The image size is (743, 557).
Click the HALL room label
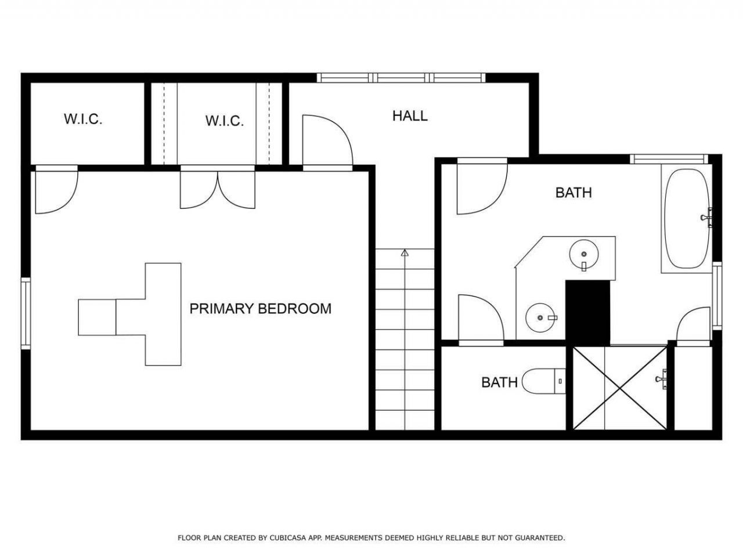click(410, 115)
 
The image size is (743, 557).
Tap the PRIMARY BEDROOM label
click(260, 309)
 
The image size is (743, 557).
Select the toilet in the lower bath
click(544, 381)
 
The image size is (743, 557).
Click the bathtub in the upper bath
click(687, 219)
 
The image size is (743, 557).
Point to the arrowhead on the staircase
click(405, 252)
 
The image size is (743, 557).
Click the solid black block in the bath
click(587, 313)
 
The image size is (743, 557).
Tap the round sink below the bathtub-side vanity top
click(584, 254)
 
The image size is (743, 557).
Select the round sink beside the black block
click(540, 317)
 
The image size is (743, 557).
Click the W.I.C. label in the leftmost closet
click(83, 119)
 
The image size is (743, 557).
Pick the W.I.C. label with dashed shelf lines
click(225, 121)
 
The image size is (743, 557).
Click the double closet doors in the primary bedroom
click(217, 187)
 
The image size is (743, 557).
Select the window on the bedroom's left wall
click(26, 313)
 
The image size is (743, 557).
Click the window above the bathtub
click(669, 160)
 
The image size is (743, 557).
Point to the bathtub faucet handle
click(706, 218)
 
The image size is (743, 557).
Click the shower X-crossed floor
click(619, 388)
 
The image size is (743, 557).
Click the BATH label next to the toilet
click(499, 382)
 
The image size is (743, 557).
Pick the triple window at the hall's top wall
click(401, 78)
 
